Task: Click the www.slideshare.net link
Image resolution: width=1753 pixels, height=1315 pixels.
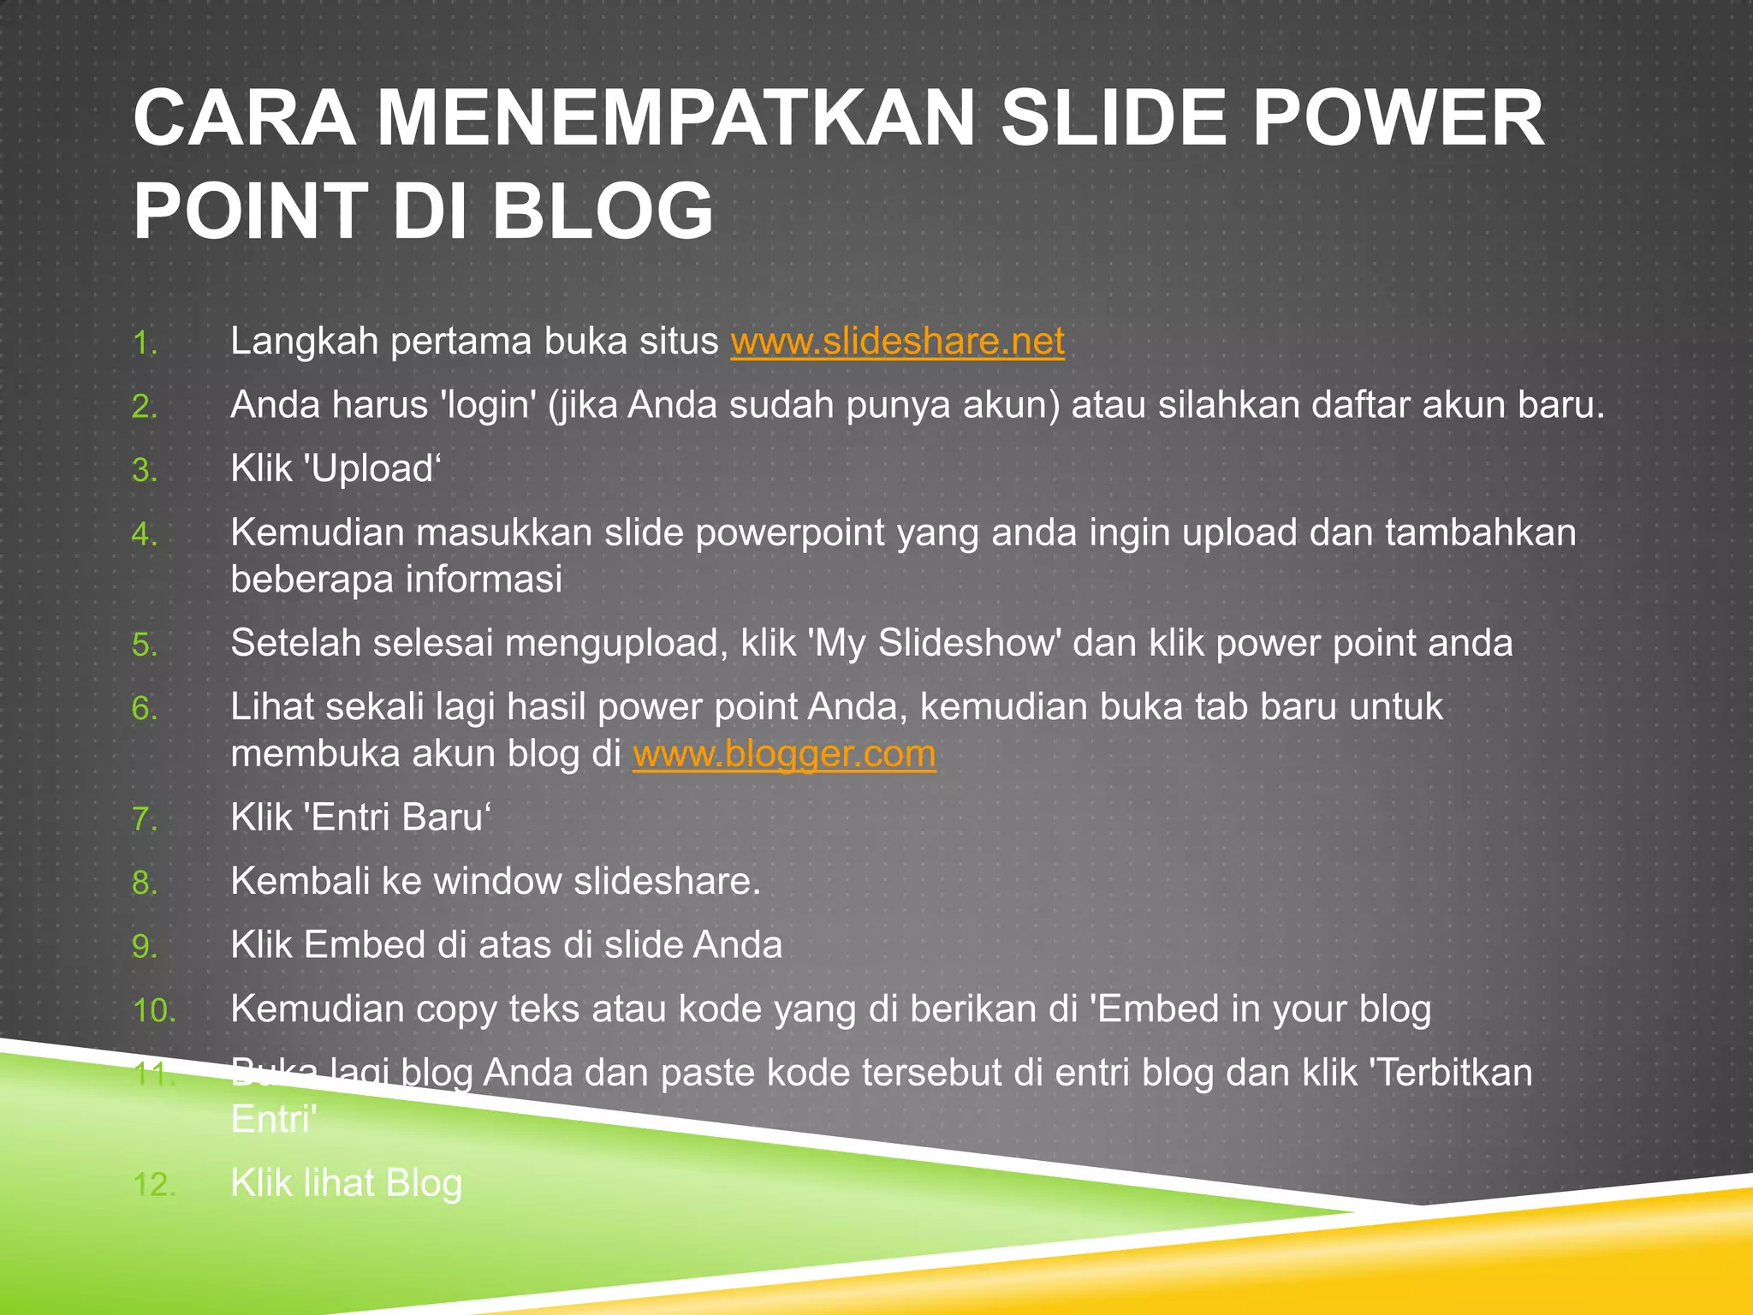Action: [897, 342]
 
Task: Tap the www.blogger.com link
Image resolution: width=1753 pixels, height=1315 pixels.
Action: [784, 754]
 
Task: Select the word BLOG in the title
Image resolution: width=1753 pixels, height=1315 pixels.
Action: [602, 211]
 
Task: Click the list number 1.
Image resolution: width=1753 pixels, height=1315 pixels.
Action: [145, 344]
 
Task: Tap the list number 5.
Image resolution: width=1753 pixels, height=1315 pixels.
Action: [145, 646]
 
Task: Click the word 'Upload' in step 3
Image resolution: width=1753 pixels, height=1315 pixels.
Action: [371, 469]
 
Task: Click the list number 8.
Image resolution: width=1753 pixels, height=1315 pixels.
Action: [145, 884]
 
